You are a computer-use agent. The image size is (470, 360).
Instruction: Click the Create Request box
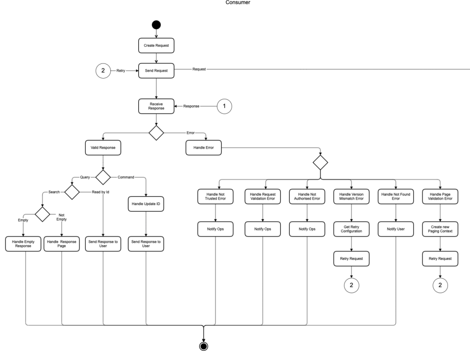tap(157, 46)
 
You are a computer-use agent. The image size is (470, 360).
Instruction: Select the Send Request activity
tap(157, 71)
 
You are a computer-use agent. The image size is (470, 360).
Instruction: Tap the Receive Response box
tap(157, 106)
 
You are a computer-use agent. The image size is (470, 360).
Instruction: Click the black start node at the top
tap(157, 25)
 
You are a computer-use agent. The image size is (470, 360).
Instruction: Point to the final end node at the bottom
tap(203, 346)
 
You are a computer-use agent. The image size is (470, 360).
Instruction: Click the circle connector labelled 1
tap(224, 106)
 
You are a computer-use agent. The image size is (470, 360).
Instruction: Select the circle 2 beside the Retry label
tap(103, 71)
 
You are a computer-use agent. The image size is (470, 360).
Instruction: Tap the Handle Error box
tap(204, 148)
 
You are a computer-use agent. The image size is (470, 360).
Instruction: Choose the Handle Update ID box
tap(146, 203)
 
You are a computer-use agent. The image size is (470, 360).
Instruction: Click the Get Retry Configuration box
tap(351, 229)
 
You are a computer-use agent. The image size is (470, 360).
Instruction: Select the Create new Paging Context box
tap(440, 229)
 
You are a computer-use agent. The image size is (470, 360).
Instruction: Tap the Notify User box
tap(396, 229)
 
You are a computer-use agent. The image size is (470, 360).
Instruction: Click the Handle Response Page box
tap(62, 243)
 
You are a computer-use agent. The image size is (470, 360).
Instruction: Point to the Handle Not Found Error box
tap(396, 196)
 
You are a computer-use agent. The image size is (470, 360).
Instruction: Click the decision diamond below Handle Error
tap(320, 162)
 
